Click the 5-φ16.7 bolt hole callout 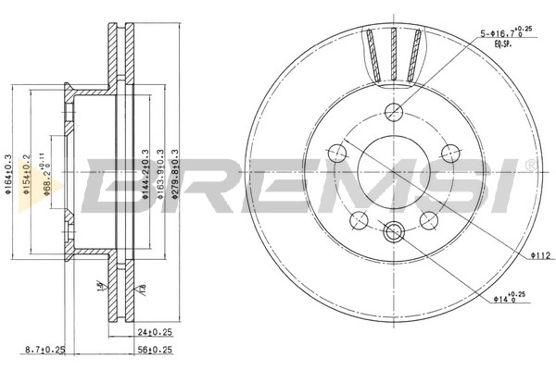[504, 35]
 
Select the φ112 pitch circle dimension [541, 255]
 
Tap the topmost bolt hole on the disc [393, 112]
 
